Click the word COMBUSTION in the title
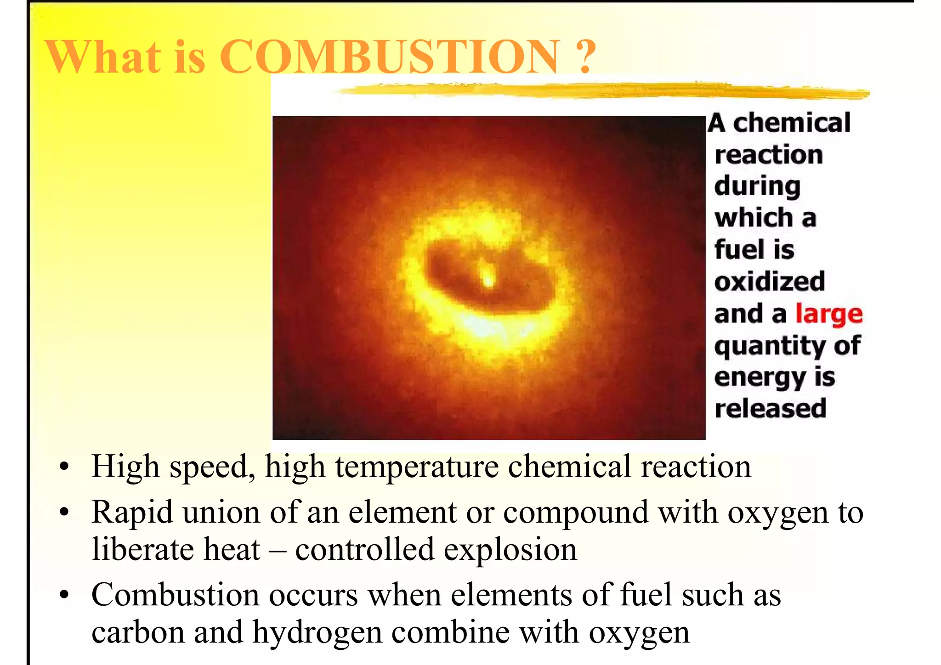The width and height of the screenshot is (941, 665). pos(390,56)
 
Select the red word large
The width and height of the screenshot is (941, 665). pos(829,315)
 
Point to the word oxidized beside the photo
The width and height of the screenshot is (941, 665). pos(770,282)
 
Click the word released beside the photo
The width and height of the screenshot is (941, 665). pos(771,408)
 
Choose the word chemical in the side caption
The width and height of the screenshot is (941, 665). pos(792,123)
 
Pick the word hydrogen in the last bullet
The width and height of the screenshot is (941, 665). pos(317,633)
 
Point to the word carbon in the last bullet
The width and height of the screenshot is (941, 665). pos(137,633)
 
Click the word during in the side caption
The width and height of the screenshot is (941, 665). pos(757,187)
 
